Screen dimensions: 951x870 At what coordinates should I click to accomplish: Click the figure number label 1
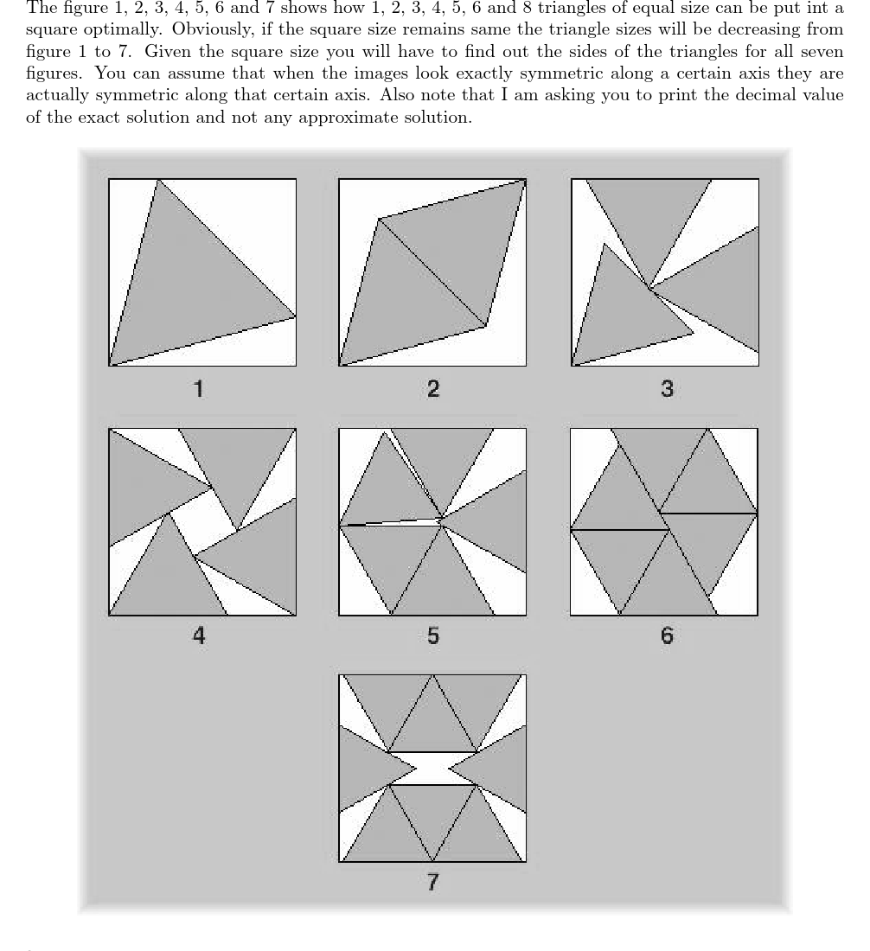(199, 388)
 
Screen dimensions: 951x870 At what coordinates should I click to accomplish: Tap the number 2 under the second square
(432, 388)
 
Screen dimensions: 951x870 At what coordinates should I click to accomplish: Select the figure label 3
(666, 388)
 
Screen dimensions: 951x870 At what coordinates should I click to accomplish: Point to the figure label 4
(199, 636)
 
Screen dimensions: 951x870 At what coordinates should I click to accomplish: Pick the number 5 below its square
(432, 636)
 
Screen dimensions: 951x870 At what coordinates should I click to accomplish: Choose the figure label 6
(666, 636)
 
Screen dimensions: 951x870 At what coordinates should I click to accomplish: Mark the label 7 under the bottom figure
(432, 882)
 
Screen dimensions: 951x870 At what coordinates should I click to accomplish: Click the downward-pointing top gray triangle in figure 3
(649, 216)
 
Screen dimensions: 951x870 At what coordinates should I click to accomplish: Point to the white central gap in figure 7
(432, 768)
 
